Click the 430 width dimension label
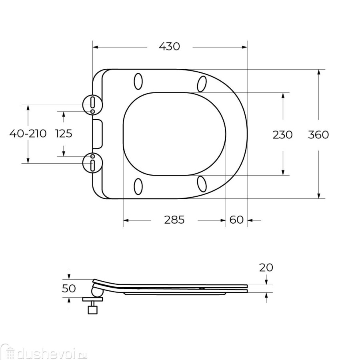point(170,46)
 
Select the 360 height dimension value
point(318,135)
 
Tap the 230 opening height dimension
point(282,135)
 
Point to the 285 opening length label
point(174,220)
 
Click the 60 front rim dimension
point(236,220)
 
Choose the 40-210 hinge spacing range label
point(28,134)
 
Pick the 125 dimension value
point(64,134)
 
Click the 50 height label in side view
point(69,289)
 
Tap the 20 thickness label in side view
point(266,268)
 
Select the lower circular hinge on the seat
point(92,163)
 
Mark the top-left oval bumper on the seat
point(138,81)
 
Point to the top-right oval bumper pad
point(202,83)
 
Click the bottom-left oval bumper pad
point(138,186)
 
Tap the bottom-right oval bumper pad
point(202,184)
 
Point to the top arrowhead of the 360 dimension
point(319,72)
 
